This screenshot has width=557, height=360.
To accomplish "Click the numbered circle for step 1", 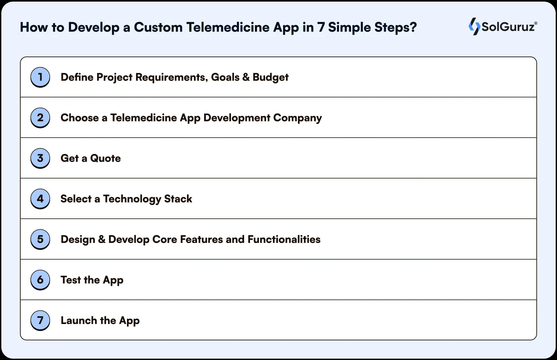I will [x=40, y=77].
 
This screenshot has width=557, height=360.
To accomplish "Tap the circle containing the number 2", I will [x=40, y=117].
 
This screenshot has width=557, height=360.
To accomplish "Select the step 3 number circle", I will [x=40, y=158].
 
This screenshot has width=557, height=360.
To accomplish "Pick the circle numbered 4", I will [x=40, y=198].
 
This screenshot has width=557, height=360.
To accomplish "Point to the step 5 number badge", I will [x=40, y=239].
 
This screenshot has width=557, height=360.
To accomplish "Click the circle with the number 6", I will [x=40, y=280].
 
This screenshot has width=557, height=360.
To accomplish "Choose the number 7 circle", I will [x=40, y=320].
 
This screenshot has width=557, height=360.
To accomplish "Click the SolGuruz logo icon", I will [x=474, y=26].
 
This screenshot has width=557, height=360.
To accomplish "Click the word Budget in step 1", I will [x=270, y=77].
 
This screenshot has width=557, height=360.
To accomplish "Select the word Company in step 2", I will [x=297, y=118].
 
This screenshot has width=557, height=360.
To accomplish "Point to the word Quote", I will [x=105, y=158].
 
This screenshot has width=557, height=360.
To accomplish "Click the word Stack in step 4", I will [x=178, y=199].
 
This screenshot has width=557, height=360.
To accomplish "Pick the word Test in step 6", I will [x=70, y=280].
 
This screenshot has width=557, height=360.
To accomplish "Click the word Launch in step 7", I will [x=79, y=320].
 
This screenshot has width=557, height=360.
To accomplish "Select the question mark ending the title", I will [x=413, y=27].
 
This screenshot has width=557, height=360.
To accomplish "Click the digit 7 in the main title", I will [x=321, y=27].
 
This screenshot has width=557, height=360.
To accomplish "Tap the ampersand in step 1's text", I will [x=246, y=77].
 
